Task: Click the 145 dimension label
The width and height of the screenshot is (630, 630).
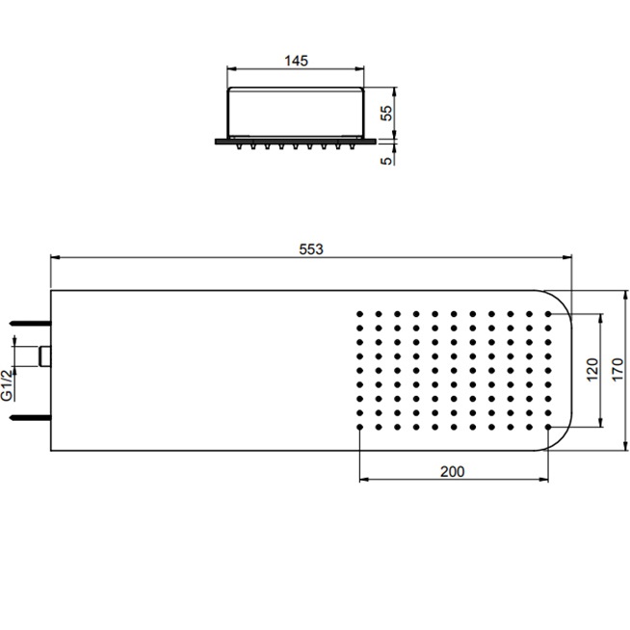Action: tap(296, 61)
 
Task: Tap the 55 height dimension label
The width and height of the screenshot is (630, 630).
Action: tap(386, 113)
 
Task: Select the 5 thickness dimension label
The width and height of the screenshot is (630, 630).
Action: tap(386, 161)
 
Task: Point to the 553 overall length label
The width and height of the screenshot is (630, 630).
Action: tap(311, 249)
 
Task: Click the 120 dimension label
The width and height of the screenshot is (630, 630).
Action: tap(592, 370)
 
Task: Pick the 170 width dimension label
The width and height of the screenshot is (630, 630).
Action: tap(617, 370)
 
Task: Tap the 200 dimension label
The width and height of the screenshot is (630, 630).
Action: tap(453, 471)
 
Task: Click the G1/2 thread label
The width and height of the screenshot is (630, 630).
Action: tap(8, 385)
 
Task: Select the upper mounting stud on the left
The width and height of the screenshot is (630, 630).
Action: tap(31, 323)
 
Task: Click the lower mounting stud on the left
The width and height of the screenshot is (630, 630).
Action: tap(31, 418)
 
